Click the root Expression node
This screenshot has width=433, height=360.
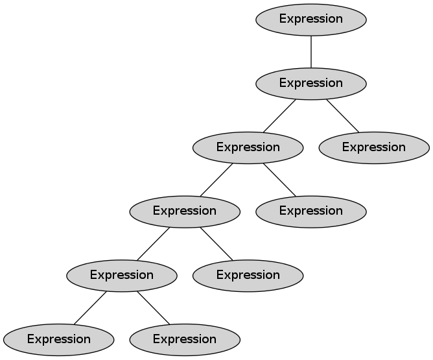311,19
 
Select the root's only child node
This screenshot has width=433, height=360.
311,83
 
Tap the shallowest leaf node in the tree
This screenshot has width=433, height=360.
374,147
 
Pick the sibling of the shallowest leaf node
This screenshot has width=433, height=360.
248,147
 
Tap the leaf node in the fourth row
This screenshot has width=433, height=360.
311,211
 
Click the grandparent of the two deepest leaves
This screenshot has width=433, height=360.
185,211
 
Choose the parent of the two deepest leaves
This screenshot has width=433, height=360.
121,275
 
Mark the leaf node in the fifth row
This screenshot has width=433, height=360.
248,275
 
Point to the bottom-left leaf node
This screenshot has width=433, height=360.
58,339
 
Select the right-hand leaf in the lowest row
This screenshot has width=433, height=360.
185,339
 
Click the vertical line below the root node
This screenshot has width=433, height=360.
311,51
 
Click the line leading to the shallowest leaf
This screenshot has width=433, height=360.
342,115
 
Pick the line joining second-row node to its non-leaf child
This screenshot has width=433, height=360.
280,115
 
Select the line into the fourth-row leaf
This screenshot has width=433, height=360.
279,179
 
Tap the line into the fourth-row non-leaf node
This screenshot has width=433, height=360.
216,179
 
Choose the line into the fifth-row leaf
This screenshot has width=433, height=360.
216,243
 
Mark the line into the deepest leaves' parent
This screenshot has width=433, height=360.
154,243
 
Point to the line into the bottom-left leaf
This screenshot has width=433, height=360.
90,307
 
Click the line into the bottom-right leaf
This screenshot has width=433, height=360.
153,307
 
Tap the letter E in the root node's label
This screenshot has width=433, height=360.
283,19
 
